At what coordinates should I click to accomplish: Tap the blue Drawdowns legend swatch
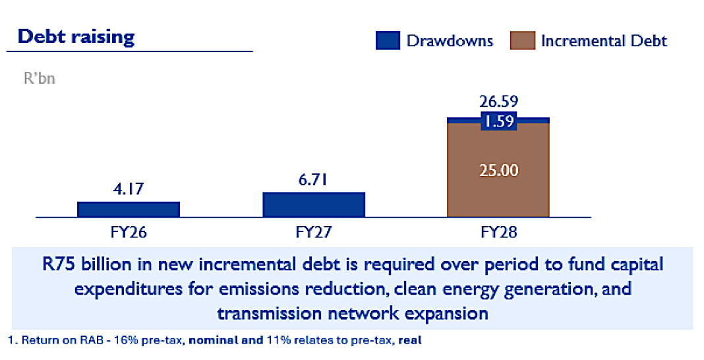(388, 41)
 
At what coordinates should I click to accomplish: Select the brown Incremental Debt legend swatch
(521, 41)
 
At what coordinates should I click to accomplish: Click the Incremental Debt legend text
(604, 41)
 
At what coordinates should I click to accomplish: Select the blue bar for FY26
(129, 209)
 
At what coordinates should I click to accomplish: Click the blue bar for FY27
(314, 204)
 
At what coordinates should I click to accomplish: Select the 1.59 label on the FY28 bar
(498, 121)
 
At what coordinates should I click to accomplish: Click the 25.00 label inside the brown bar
(498, 170)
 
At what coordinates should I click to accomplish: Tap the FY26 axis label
(129, 232)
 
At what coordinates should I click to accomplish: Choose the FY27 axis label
(314, 232)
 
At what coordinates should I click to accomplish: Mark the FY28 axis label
(498, 232)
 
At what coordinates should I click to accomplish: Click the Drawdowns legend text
(450, 41)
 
